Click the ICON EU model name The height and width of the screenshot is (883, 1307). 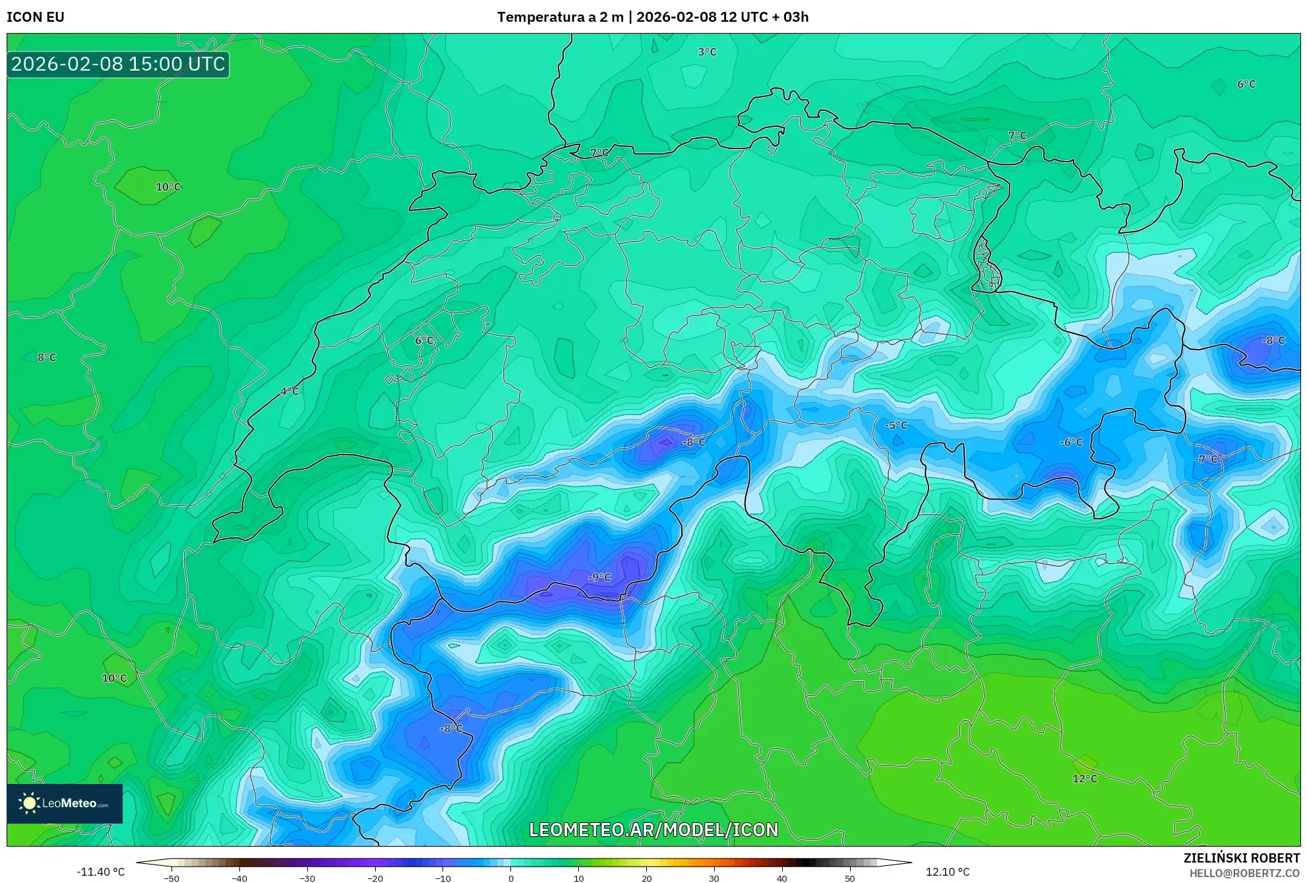pyautogui.click(x=36, y=17)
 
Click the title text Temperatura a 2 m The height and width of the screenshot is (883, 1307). pyautogui.click(x=560, y=17)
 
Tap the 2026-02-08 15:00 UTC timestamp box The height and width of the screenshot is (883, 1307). pyautogui.click(x=118, y=64)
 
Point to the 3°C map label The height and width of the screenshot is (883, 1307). pyautogui.click(x=707, y=51)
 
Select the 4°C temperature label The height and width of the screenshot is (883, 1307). pyautogui.click(x=289, y=391)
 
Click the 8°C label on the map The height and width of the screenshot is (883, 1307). pyautogui.click(x=47, y=358)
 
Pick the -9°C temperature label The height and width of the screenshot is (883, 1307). pyautogui.click(x=599, y=577)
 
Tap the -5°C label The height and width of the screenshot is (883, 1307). pyautogui.click(x=896, y=426)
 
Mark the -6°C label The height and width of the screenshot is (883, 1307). pyautogui.click(x=1071, y=442)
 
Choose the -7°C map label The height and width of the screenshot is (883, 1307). pyautogui.click(x=1206, y=459)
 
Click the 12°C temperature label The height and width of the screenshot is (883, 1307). pyautogui.click(x=1085, y=779)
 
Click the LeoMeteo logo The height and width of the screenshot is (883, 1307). pyautogui.click(x=65, y=803)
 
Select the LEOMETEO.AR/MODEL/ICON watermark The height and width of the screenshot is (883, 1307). pyautogui.click(x=653, y=830)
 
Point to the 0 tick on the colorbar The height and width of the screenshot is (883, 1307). pyautogui.click(x=511, y=878)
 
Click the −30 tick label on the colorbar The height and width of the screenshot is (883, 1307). pyautogui.click(x=307, y=878)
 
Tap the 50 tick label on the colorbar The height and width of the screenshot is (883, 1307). pyautogui.click(x=849, y=878)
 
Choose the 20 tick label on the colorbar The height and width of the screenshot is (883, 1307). pyautogui.click(x=646, y=878)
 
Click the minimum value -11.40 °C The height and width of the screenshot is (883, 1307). pyautogui.click(x=100, y=872)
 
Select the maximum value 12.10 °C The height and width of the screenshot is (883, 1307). pyautogui.click(x=948, y=872)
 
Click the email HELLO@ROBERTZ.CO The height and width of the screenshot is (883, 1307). pyautogui.click(x=1244, y=873)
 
